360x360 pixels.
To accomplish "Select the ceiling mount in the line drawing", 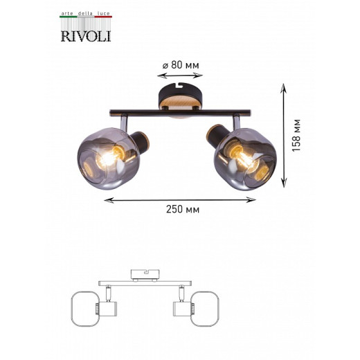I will click(145, 276).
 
